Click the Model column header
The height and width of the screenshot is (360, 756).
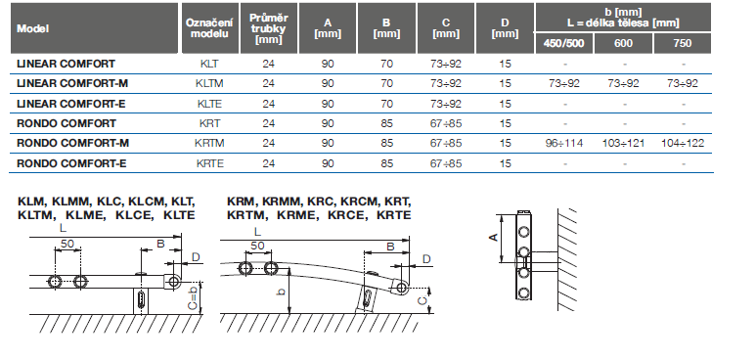(x=33, y=28)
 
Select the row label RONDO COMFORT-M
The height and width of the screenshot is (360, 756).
(x=72, y=144)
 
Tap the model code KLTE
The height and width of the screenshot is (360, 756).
(x=209, y=104)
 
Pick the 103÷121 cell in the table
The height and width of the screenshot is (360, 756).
(x=623, y=144)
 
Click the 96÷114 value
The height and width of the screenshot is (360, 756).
(x=564, y=144)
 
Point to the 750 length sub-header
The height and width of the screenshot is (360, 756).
(x=683, y=43)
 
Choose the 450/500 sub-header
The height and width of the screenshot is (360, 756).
(x=564, y=43)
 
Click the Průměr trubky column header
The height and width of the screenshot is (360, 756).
(x=269, y=28)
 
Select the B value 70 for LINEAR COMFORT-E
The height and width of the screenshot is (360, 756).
(x=386, y=104)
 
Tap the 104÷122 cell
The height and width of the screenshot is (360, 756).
(x=683, y=144)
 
